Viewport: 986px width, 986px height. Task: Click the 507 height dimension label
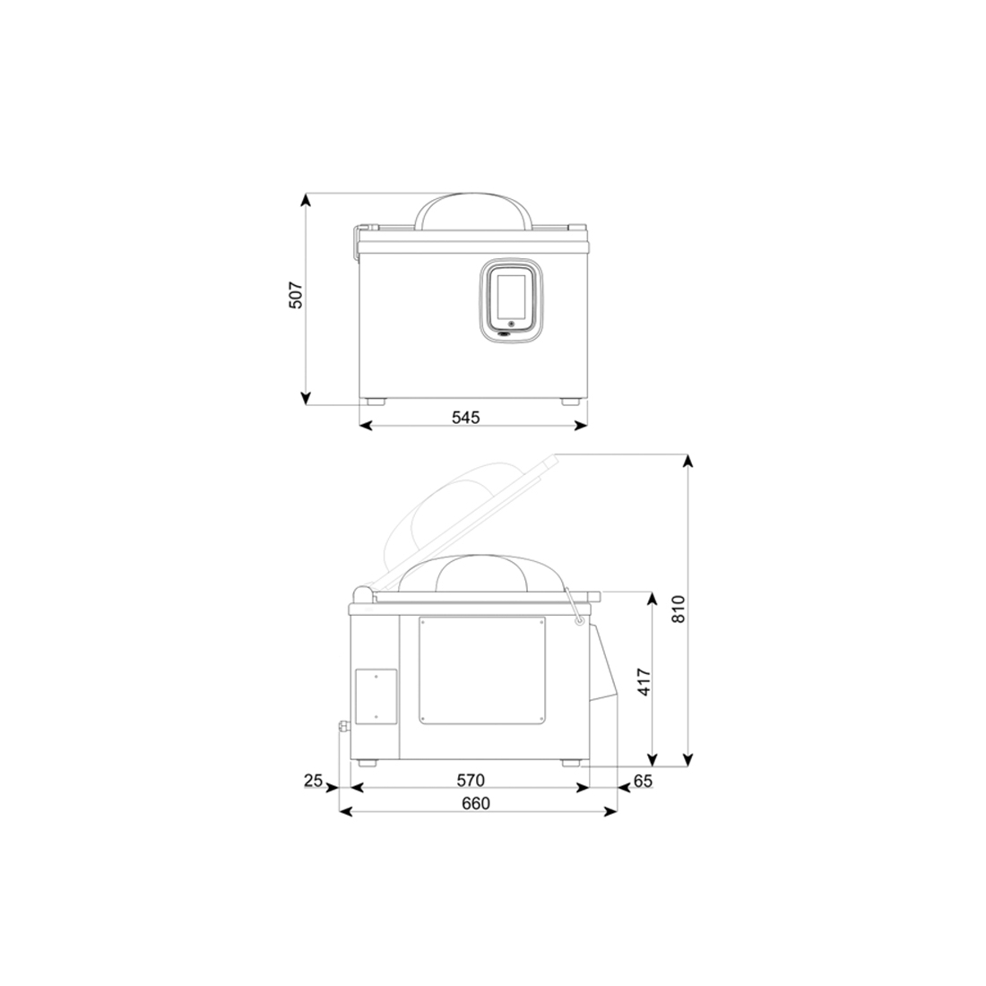(x=296, y=296)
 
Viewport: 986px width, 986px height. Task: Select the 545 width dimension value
(x=465, y=417)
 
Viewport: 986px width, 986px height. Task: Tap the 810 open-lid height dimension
(x=678, y=610)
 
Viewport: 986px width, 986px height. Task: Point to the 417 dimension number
(x=644, y=681)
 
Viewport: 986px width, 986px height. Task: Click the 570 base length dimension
(x=471, y=781)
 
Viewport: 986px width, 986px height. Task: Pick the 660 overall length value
(x=475, y=804)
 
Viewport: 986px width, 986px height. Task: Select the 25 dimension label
(x=313, y=781)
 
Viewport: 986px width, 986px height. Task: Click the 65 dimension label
(x=643, y=781)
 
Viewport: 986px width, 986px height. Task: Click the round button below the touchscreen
(x=511, y=324)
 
